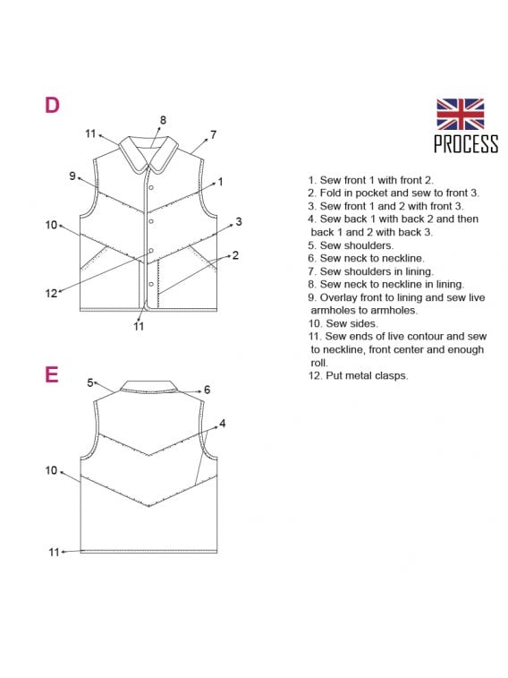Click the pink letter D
click(52, 105)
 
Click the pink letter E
click(52, 374)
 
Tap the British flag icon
click(460, 114)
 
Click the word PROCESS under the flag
click(466, 144)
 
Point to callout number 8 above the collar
click(163, 120)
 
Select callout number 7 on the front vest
click(213, 134)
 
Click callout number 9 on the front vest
click(72, 176)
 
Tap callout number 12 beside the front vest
click(51, 293)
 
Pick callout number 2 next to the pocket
click(235, 255)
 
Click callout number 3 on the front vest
click(239, 222)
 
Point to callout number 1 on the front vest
click(221, 182)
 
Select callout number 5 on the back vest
click(90, 382)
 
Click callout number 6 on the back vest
click(207, 390)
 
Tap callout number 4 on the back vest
click(223, 424)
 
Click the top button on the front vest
click(151, 188)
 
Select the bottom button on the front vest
click(151, 284)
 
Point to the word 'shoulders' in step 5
click(371, 245)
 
